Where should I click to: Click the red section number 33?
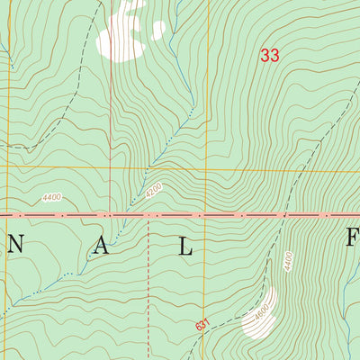(269, 55)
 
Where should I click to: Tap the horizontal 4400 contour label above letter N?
(52, 198)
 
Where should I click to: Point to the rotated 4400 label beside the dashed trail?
(288, 262)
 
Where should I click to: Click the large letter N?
(17, 249)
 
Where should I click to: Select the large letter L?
(185, 249)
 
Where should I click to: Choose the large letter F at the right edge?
(353, 241)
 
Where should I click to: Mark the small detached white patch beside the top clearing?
(158, 29)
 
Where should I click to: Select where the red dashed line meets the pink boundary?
(148, 216)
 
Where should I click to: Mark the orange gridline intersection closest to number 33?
(206, 167)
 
